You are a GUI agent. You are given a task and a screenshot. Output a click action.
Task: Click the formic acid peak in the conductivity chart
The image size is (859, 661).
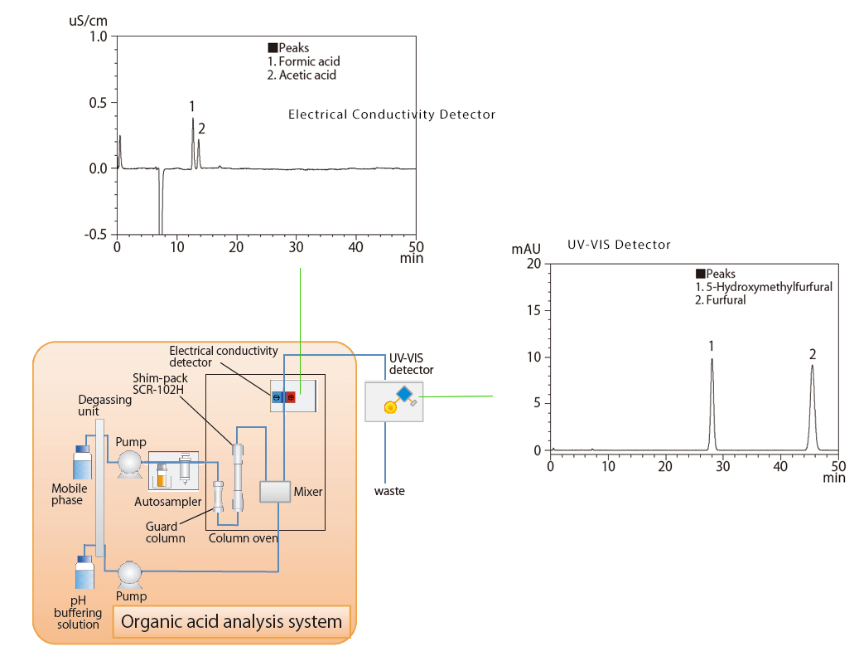click(x=193, y=124)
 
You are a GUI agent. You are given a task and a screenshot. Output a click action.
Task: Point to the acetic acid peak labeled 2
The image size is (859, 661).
click(x=199, y=143)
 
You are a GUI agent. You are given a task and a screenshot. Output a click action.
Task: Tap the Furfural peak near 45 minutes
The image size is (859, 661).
click(x=813, y=369)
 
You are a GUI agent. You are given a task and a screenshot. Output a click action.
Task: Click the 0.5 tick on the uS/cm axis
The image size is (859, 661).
click(x=99, y=103)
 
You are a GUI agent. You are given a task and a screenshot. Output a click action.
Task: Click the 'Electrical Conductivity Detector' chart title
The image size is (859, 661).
click(x=391, y=114)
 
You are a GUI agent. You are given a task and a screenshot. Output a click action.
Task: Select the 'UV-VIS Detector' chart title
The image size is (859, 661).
click(x=619, y=245)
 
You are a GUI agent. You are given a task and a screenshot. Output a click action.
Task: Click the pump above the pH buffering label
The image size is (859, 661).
click(x=129, y=573)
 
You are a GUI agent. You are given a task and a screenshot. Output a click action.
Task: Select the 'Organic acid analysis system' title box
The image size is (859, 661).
click(x=231, y=621)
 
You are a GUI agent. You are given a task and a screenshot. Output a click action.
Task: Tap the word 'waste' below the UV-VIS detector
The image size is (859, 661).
click(x=389, y=491)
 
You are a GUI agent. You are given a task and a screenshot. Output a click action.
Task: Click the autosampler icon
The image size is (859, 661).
click(x=173, y=472)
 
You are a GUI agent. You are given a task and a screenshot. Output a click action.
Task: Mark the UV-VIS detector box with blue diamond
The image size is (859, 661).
click(x=394, y=401)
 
